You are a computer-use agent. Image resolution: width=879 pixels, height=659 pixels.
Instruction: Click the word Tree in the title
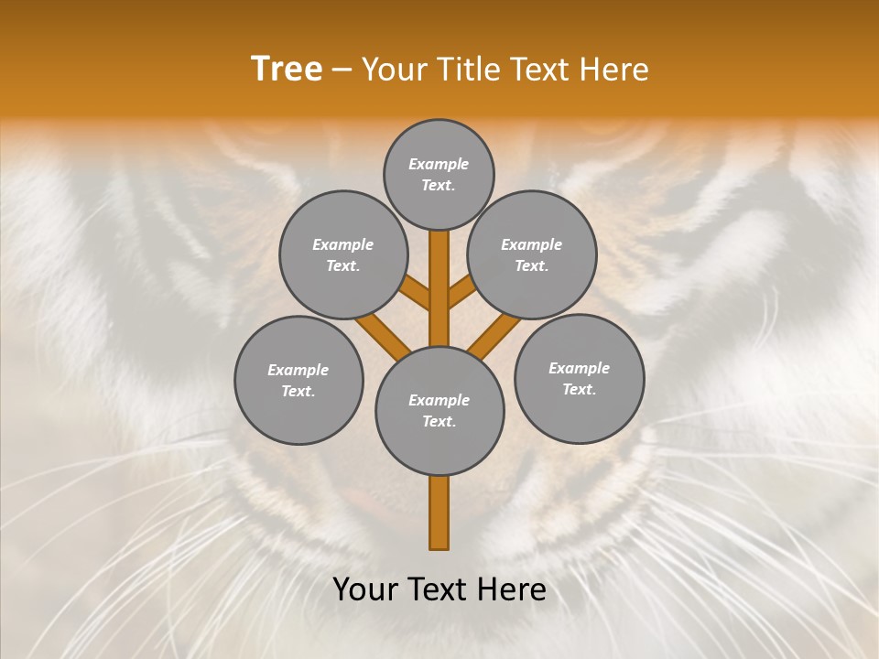(287, 70)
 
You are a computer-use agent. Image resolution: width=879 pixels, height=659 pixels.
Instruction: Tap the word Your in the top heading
(393, 70)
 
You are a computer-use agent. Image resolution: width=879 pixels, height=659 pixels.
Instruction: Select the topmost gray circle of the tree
(439, 174)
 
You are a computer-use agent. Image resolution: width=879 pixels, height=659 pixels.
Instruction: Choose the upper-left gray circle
(342, 254)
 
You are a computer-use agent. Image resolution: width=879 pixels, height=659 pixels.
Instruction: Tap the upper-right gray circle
(531, 254)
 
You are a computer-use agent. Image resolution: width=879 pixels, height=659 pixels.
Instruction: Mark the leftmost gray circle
(298, 380)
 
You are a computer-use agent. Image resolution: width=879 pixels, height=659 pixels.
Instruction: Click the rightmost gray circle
(579, 378)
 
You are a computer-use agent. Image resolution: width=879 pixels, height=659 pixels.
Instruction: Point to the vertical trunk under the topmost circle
(439, 284)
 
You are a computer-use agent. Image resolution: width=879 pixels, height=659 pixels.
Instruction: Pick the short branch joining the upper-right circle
(461, 293)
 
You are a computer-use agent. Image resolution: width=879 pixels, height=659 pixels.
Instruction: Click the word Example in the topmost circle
(439, 164)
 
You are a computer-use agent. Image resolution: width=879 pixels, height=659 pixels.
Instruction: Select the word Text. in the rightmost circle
(579, 389)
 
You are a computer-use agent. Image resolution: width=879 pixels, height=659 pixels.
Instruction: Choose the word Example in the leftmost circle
(298, 370)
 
